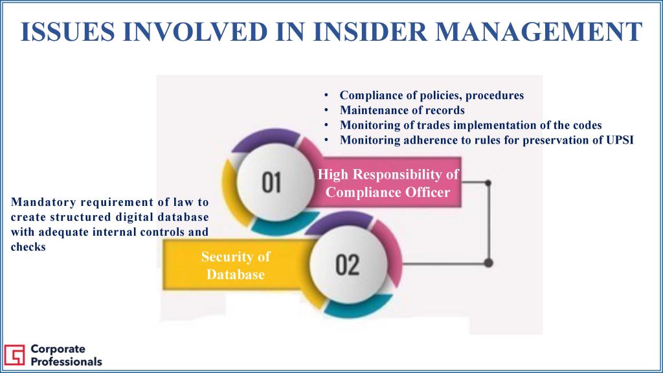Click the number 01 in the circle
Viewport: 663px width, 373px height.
[x=271, y=182]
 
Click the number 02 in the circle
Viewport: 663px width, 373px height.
[x=347, y=265]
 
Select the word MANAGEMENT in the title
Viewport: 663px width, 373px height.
[x=539, y=32]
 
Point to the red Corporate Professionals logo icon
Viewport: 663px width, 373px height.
[x=14, y=354]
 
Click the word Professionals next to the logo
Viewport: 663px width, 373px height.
[x=67, y=362]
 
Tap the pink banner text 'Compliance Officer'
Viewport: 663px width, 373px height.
[x=388, y=192]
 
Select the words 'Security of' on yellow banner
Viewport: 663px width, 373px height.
[x=236, y=256]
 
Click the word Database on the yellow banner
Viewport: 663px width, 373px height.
[x=236, y=275]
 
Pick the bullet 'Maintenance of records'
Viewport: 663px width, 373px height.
[x=402, y=110]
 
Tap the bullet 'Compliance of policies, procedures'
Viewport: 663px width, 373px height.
[x=432, y=96]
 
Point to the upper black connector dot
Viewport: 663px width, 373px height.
[x=488, y=183]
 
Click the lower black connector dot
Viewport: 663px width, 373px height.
[x=488, y=263]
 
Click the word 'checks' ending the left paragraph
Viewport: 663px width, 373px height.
[x=28, y=247]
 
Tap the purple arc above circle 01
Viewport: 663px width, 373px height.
[x=265, y=138]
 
